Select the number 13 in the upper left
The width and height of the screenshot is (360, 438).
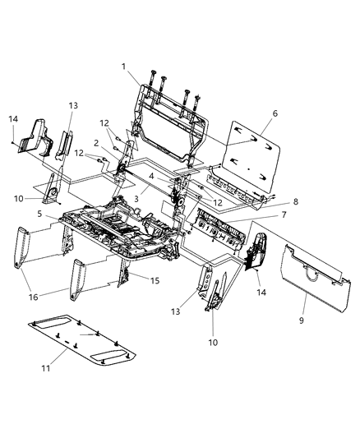point(72,105)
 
